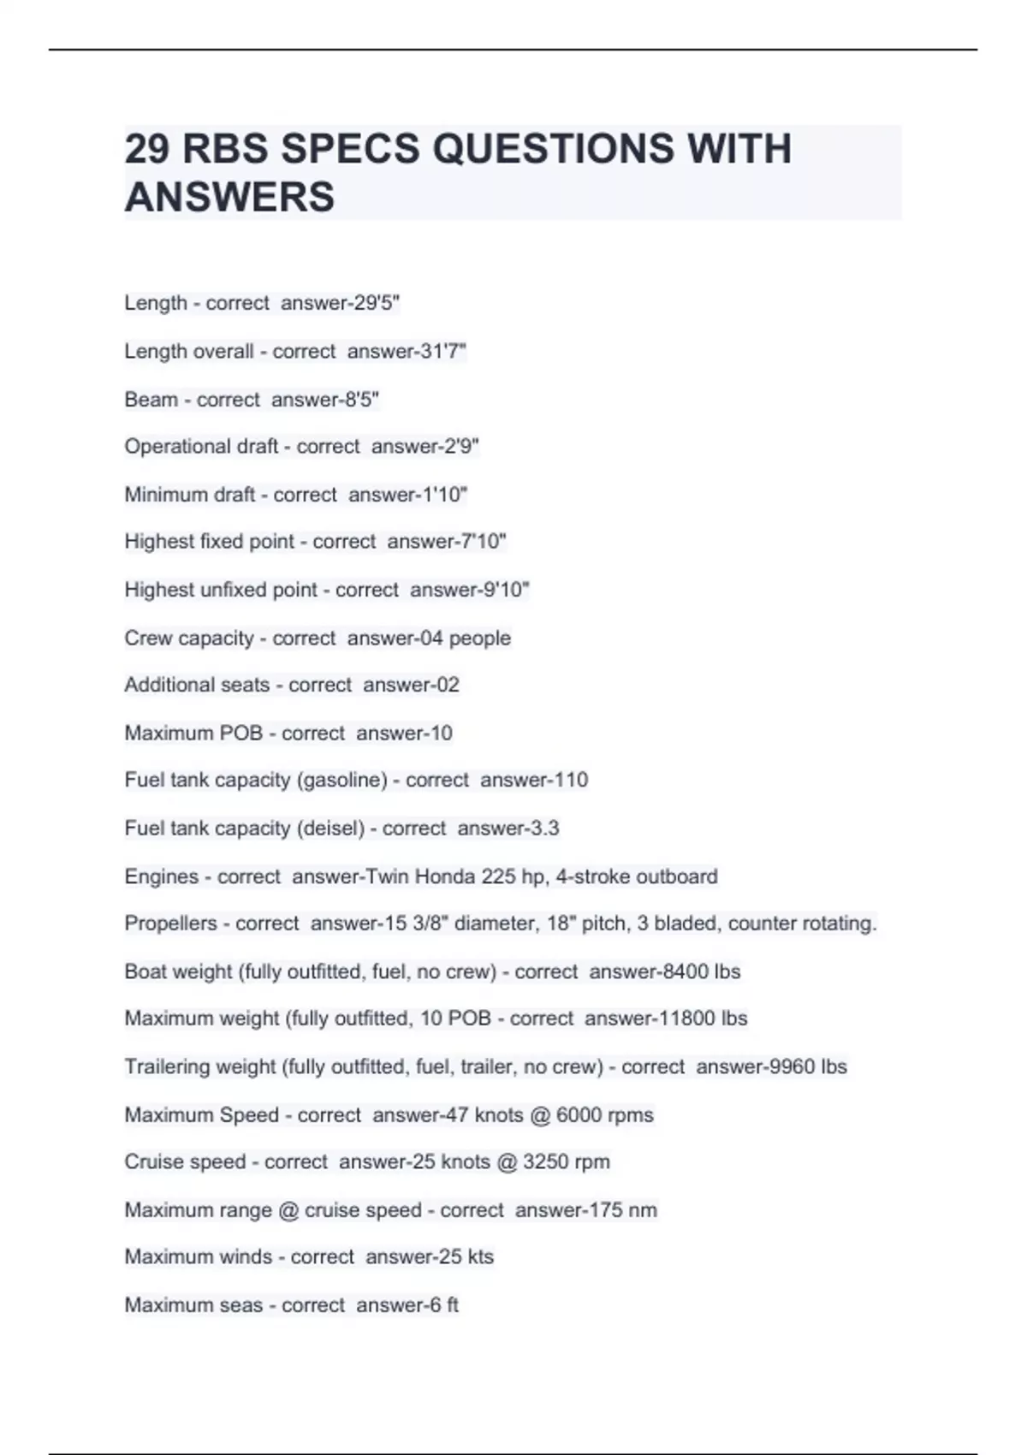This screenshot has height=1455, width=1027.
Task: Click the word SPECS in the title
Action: pos(351,149)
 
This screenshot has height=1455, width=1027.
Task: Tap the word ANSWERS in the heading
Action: pos(229,198)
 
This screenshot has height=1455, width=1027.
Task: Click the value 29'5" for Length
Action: pos(377,303)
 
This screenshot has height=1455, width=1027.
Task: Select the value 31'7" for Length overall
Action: pos(443,351)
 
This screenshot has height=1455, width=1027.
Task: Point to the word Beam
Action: pos(151,400)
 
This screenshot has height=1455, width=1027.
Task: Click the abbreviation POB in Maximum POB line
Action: pos(241,733)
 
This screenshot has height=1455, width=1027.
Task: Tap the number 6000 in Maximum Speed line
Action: pos(579,1115)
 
